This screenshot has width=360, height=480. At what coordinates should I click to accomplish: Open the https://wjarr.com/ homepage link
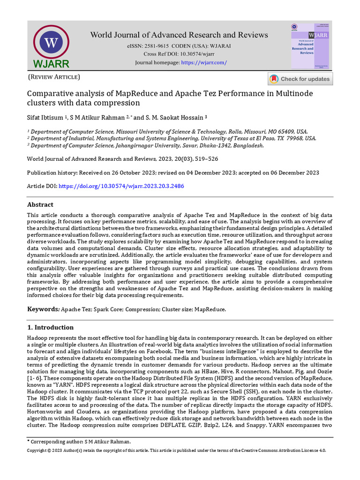(203, 62)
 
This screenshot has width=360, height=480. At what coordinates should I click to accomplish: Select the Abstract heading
(40, 205)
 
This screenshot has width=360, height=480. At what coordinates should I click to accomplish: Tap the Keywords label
(43, 309)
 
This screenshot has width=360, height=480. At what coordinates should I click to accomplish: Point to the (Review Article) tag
(54, 77)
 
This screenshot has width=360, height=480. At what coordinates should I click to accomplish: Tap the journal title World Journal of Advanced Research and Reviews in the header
(179, 35)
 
